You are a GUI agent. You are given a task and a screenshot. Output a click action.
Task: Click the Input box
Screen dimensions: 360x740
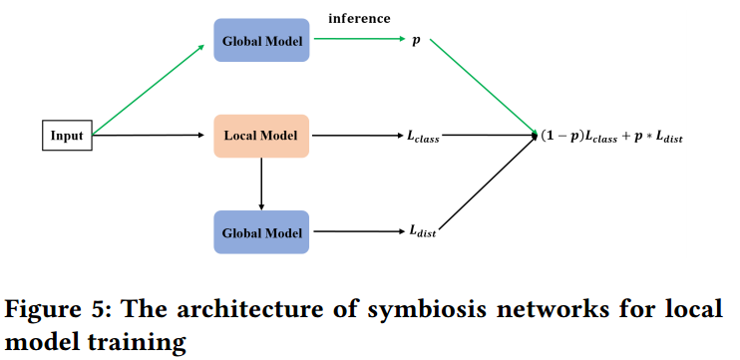[x=68, y=136]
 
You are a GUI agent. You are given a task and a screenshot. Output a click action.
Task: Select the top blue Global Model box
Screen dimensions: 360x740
[x=261, y=41]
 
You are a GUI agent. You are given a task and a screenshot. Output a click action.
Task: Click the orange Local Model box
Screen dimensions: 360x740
[x=261, y=136]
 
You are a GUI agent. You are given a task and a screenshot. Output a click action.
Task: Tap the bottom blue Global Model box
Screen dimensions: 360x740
[x=261, y=231]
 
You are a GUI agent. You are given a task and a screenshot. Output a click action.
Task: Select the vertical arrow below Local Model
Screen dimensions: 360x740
[x=261, y=183]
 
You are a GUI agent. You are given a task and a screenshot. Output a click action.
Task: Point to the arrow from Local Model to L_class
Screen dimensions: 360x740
[x=354, y=136]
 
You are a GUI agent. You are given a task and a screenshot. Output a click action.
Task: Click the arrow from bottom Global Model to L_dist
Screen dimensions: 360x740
[x=354, y=231]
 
